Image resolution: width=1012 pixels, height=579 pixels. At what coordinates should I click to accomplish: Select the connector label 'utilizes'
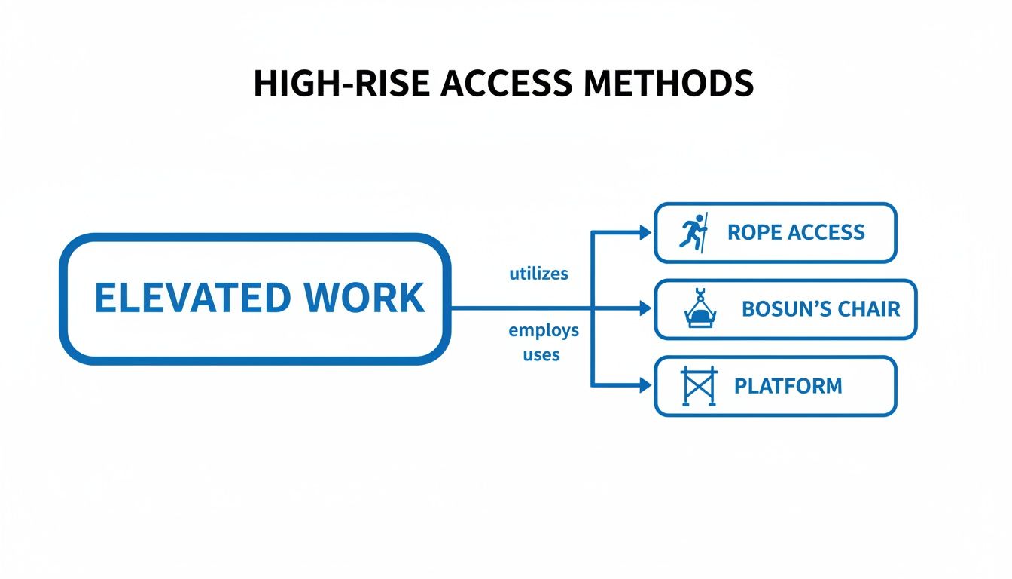[538, 274]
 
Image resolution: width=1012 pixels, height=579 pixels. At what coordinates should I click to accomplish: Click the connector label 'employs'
[544, 330]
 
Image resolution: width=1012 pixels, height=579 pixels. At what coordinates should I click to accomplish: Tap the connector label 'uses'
[541, 354]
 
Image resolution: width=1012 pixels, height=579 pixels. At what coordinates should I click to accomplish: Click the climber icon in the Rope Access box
[694, 231]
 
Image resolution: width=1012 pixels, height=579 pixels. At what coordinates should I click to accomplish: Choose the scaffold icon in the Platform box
[698, 386]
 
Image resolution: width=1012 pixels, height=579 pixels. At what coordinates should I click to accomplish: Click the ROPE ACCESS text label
[796, 232]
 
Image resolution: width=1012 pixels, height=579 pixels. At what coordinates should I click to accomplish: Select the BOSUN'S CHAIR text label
[821, 309]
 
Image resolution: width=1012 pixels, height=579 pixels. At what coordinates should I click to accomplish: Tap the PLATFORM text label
[788, 386]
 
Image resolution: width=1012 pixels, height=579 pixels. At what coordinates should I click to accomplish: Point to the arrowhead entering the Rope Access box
[645, 233]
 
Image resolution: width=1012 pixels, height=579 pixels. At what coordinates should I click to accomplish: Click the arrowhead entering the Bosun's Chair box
[645, 308]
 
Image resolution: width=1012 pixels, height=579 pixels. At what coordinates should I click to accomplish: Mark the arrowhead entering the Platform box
[645, 385]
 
